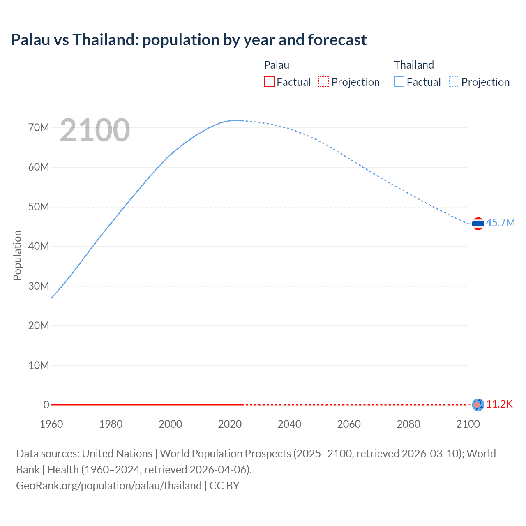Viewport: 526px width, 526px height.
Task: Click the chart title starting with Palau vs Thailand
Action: [x=189, y=40]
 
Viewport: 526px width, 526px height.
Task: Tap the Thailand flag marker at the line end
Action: [x=478, y=224]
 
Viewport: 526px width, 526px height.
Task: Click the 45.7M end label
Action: [x=500, y=223]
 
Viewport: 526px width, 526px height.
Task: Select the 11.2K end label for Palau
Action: [x=499, y=404]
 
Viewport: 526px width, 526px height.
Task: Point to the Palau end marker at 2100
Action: [x=478, y=405]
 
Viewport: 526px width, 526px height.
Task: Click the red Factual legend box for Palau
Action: [x=269, y=82]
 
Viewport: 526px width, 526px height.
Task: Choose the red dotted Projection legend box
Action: [x=324, y=82]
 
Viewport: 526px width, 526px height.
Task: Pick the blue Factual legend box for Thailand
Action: [x=399, y=82]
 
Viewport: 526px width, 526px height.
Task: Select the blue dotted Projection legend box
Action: [x=454, y=82]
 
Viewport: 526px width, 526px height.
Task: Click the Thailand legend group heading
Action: [x=414, y=65]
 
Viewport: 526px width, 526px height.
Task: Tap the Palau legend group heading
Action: [x=277, y=65]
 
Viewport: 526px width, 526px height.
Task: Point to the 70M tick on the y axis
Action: [x=39, y=127]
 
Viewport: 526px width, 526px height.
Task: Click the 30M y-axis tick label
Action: [x=39, y=286]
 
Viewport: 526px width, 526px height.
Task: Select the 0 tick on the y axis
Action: [x=46, y=405]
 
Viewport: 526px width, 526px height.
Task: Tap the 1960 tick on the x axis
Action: [x=51, y=424]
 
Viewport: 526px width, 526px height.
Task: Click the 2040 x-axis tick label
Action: [x=289, y=424]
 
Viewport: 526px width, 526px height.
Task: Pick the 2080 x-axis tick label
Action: [x=408, y=424]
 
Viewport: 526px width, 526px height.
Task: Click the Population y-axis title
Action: [x=17, y=255]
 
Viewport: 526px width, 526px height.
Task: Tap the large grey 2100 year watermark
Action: [x=95, y=130]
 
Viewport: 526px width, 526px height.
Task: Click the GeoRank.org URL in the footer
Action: [x=109, y=486]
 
